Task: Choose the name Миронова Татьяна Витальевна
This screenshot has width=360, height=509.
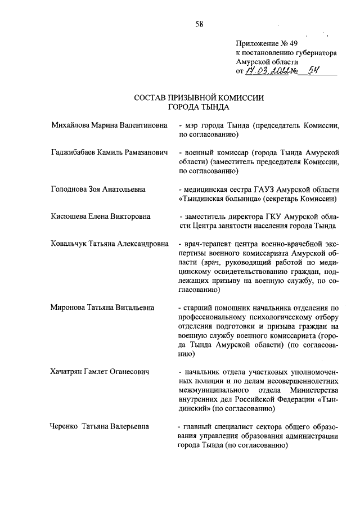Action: (x=102, y=308)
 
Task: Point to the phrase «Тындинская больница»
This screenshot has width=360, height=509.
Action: (x=219, y=199)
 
